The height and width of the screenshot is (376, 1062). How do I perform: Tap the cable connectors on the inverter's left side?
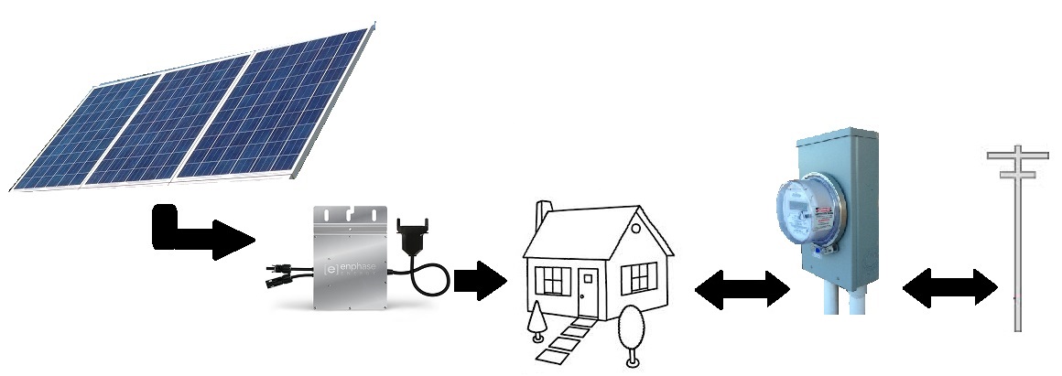278,275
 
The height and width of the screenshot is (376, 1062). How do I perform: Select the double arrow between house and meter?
742,292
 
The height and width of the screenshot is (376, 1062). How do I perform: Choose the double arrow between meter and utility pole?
949,290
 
